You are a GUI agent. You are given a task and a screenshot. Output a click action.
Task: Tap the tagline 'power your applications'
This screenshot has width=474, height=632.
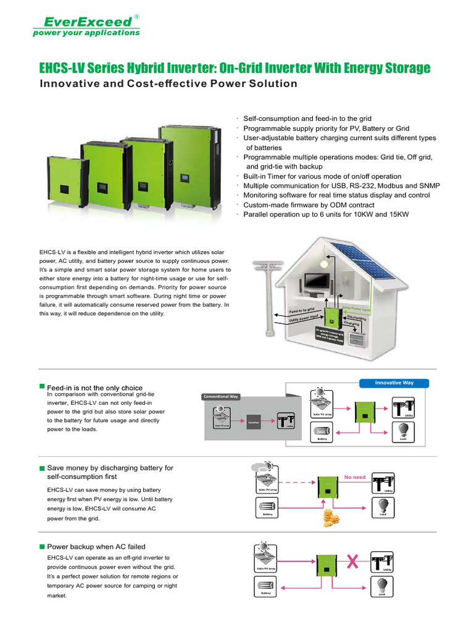click(86, 33)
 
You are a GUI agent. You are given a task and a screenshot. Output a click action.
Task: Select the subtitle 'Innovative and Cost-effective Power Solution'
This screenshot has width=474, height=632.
click(168, 84)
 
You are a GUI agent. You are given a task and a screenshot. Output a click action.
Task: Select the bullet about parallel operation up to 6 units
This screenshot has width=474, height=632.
click(326, 214)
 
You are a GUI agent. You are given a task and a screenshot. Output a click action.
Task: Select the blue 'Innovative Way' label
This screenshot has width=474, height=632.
click(394, 383)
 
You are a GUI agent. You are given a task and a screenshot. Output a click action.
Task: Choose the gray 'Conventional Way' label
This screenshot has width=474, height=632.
click(220, 396)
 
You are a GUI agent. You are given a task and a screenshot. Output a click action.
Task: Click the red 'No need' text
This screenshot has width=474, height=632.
click(355, 477)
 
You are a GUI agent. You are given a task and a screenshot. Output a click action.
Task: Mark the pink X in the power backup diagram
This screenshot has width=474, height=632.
click(353, 562)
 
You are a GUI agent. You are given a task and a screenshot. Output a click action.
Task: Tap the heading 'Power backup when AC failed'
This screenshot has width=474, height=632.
click(96, 546)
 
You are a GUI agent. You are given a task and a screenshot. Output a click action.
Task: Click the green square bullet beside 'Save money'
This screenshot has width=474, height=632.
click(42, 468)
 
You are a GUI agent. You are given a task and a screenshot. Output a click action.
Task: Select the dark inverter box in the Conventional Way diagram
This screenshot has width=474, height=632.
click(253, 422)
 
